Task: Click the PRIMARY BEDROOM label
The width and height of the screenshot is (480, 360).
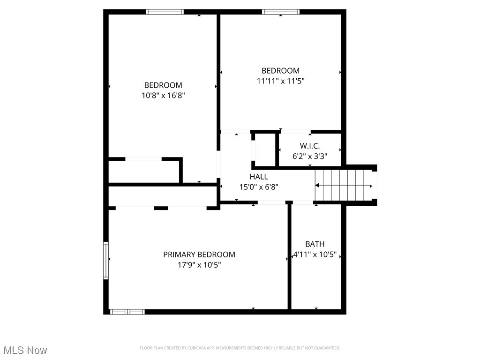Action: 199,255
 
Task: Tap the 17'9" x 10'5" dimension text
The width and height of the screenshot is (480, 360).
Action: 199,265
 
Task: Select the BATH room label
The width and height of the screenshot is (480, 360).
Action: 315,244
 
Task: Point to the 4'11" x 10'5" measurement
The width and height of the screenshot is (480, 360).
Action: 315,255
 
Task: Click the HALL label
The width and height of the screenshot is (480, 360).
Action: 259,177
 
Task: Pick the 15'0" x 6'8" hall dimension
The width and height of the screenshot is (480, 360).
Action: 259,187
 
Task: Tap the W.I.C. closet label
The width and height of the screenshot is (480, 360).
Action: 310,146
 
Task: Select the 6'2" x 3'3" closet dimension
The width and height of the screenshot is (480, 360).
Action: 310,157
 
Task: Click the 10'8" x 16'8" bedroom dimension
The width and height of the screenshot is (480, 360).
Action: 163,95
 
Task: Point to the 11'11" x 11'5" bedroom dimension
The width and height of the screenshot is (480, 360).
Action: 280,81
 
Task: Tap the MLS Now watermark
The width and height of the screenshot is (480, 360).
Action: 25,350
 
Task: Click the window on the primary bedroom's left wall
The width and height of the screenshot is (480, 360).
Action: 106,260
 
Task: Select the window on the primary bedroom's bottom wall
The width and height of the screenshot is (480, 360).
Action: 127,311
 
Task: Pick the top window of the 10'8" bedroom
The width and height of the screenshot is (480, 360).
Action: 165,12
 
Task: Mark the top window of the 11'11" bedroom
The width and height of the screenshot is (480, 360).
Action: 280,12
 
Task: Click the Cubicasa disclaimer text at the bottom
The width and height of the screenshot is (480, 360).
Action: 240,348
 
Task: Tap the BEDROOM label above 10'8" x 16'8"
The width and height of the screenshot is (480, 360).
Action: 163,85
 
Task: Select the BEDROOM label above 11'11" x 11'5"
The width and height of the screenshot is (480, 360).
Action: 280,71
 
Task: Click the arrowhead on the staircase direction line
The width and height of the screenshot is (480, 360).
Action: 371,186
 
